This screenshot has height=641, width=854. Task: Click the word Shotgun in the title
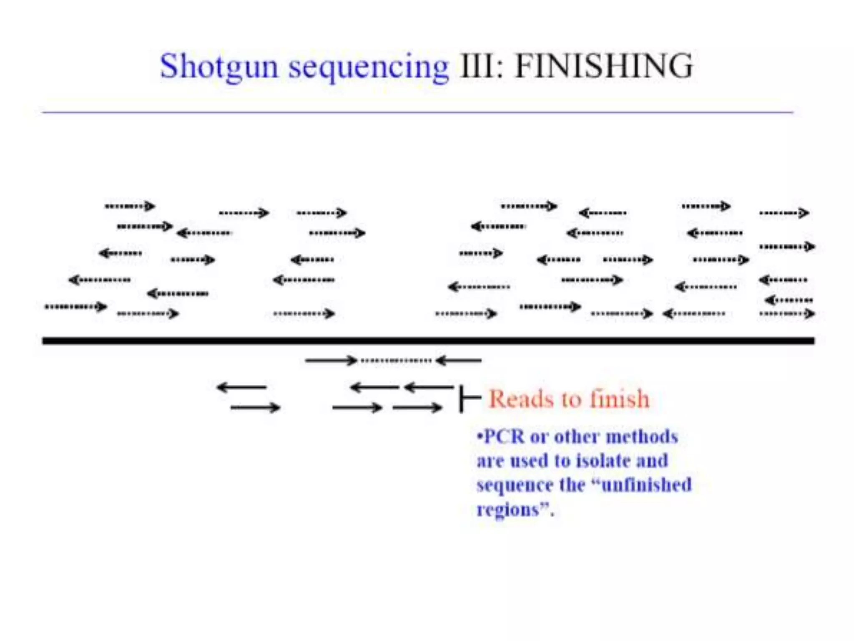click(x=219, y=67)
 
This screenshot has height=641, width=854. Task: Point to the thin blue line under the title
click(x=417, y=112)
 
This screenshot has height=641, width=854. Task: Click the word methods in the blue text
click(x=642, y=437)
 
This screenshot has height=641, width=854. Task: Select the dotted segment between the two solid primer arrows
click(x=396, y=360)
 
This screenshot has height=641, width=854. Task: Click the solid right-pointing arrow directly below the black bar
click(x=332, y=360)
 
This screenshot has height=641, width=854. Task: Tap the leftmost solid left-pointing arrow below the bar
click(x=241, y=388)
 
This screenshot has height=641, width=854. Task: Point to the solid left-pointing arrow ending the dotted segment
click(x=459, y=360)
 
